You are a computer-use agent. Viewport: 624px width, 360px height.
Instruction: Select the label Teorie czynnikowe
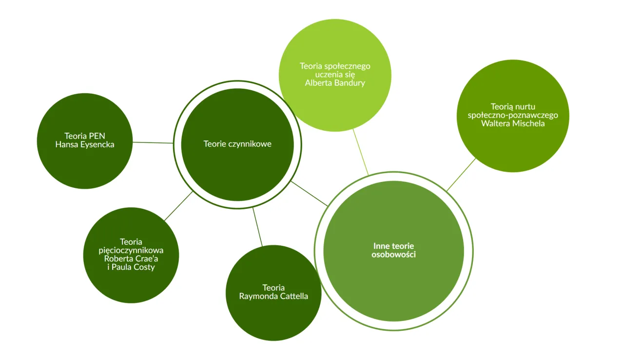pyautogui.click(x=237, y=144)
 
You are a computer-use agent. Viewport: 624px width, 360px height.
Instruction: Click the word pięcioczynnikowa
pyautogui.click(x=131, y=250)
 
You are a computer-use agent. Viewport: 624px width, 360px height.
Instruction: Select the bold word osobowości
pyautogui.click(x=393, y=255)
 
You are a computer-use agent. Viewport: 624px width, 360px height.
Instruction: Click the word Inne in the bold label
pyautogui.click(x=382, y=246)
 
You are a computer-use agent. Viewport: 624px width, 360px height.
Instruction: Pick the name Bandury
pyautogui.click(x=349, y=83)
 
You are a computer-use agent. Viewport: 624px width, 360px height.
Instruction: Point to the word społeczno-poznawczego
pyautogui.click(x=512, y=115)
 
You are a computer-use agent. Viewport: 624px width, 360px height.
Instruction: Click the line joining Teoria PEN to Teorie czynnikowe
pyautogui.click(x=153, y=143)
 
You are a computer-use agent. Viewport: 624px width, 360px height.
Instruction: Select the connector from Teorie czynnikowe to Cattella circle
pyautogui.click(x=257, y=227)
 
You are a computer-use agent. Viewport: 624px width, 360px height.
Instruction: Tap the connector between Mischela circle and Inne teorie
pyautogui.click(x=461, y=174)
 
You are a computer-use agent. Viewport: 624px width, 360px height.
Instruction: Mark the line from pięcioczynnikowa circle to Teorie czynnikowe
pyautogui.click(x=178, y=206)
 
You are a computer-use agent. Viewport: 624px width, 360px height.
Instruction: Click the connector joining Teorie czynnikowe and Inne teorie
pyautogui.click(x=310, y=194)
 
